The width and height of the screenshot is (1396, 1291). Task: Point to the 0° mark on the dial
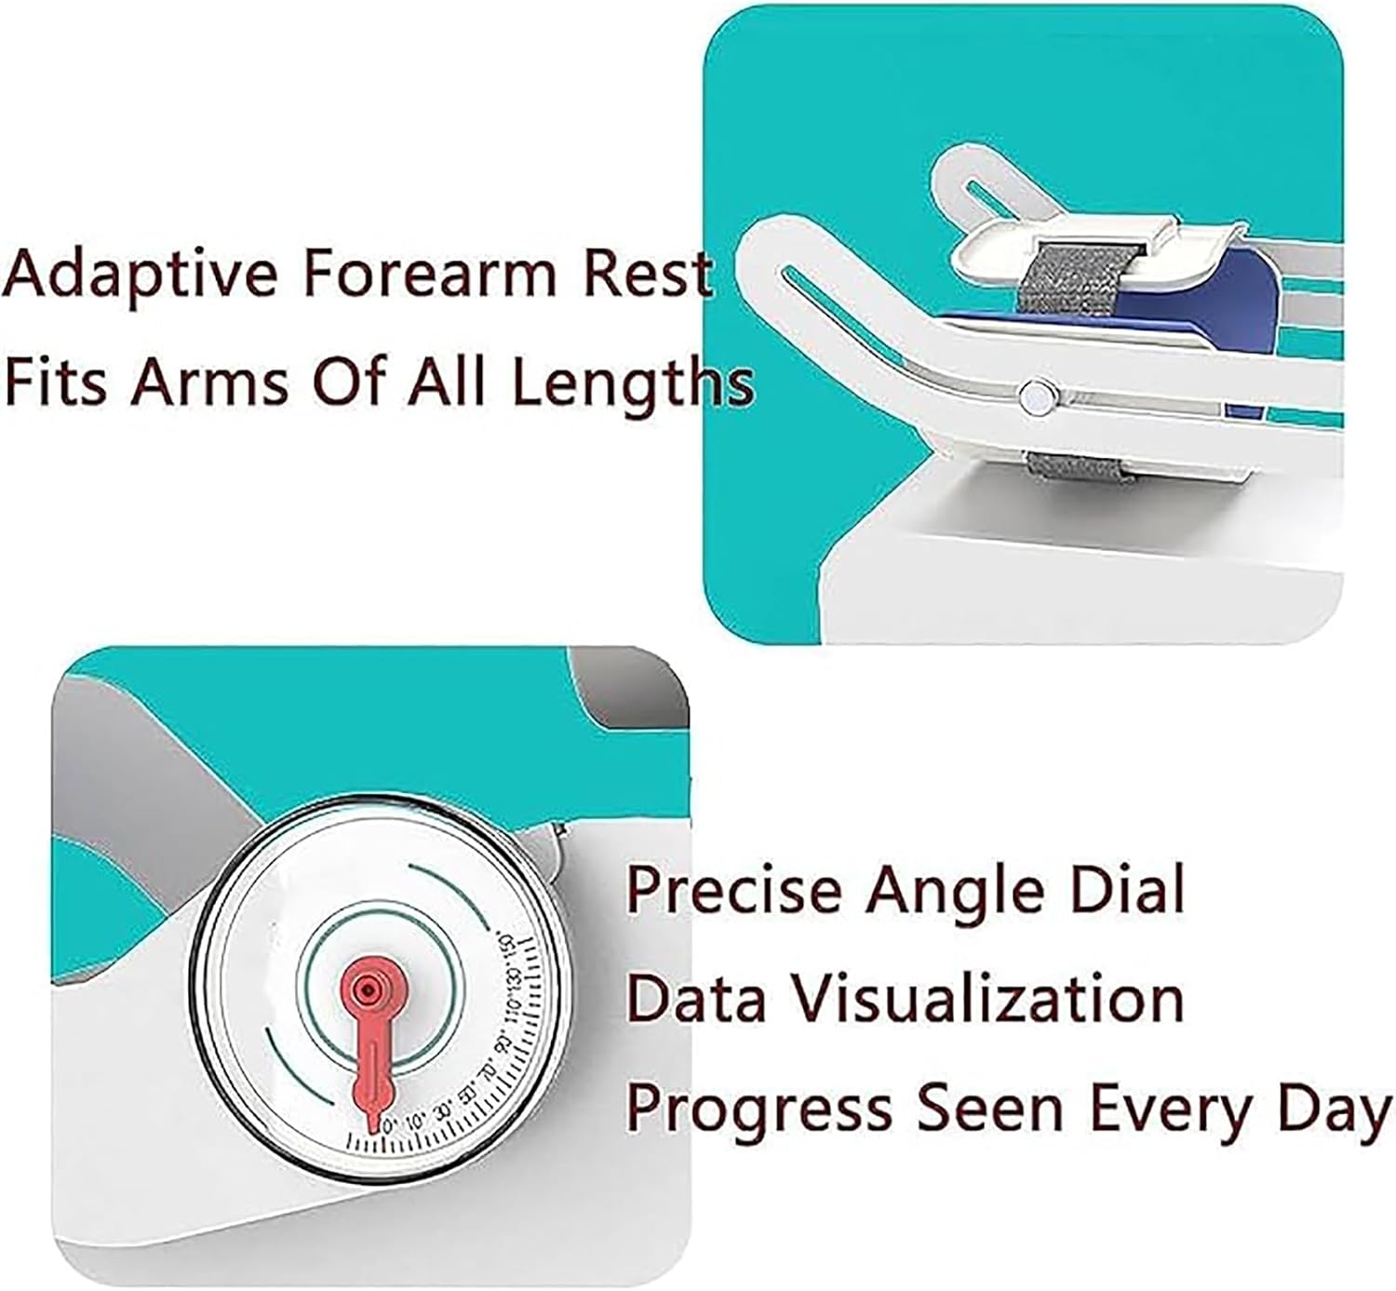pyautogui.click(x=389, y=1123)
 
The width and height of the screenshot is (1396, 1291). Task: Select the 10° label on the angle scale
pyautogui.click(x=416, y=1120)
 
